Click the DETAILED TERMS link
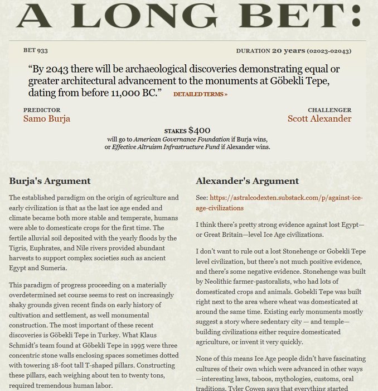pos(200,94)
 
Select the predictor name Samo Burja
pos(47,118)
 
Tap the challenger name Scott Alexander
pos(319,118)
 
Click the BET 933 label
pos(36,50)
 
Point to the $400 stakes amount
pos(199,130)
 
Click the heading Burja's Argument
pos(50,181)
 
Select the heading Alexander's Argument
pos(247,181)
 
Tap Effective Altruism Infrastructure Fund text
pos(164,147)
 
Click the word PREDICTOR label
pos(42,110)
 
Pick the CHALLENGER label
pos(329,110)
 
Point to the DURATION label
pos(253,51)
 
